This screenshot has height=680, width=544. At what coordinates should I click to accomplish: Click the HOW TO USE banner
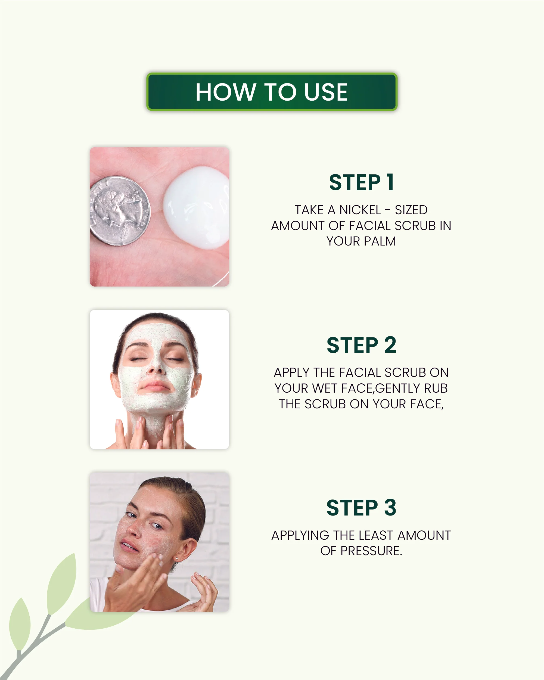[x=272, y=92]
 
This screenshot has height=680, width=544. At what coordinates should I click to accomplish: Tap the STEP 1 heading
[x=361, y=183]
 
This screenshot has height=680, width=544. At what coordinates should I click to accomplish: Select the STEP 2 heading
[x=361, y=345]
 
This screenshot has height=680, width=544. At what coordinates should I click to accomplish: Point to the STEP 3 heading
[x=361, y=508]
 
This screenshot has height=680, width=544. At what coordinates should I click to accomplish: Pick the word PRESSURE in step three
[x=371, y=551]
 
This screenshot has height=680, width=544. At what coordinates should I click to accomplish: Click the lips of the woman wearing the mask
[x=154, y=386]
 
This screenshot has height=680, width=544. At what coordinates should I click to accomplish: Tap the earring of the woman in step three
[x=177, y=558]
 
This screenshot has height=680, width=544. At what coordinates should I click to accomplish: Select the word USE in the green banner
[x=326, y=92]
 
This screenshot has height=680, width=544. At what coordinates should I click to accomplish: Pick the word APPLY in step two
[x=291, y=373]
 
